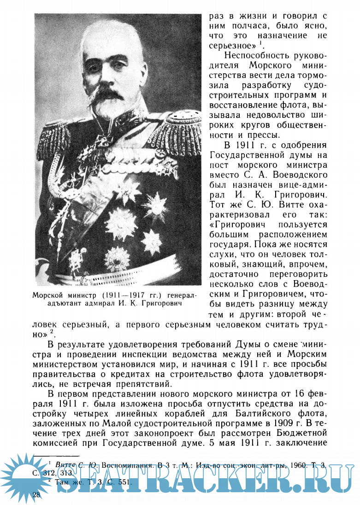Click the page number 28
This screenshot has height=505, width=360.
tap(37, 494)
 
